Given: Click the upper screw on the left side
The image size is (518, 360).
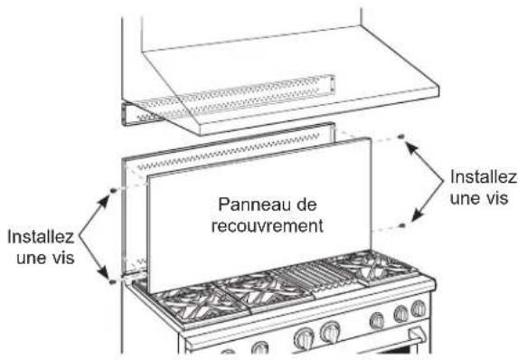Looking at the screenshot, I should point(110,190).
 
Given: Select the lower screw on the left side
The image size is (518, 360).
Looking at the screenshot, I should point(110,283).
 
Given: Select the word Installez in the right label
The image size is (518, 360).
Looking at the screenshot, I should point(482,177).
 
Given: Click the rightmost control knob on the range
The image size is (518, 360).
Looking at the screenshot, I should point(417,310).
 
